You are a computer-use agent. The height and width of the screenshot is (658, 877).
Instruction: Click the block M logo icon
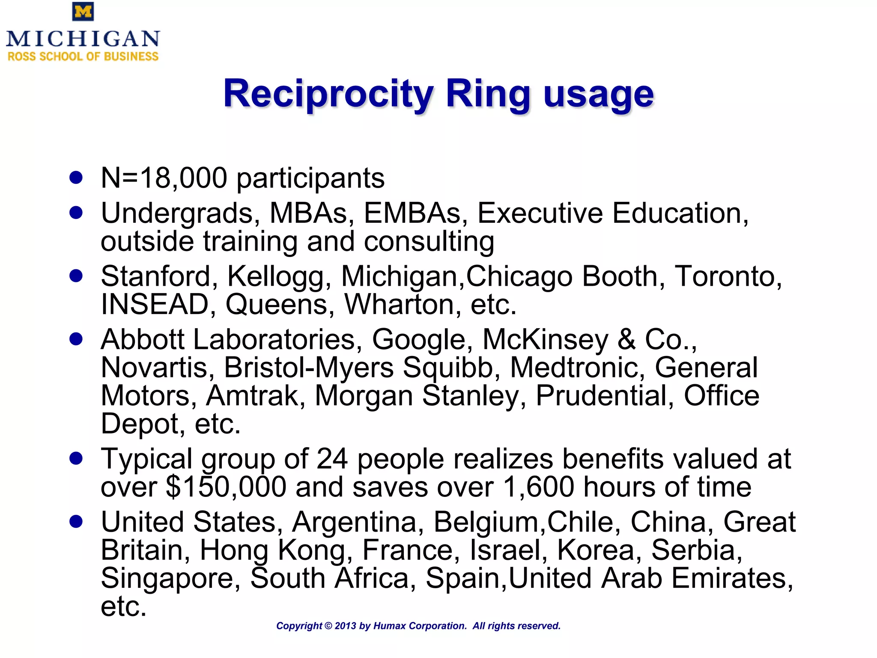[x=83, y=12]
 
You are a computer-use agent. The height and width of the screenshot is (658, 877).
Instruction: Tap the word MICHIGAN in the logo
[x=83, y=39]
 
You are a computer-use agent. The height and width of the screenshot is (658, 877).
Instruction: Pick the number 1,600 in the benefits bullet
[x=538, y=487]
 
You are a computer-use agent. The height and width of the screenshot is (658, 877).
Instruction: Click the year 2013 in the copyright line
[x=345, y=626]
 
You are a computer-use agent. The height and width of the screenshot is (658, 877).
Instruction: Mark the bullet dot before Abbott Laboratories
[x=76, y=339]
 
